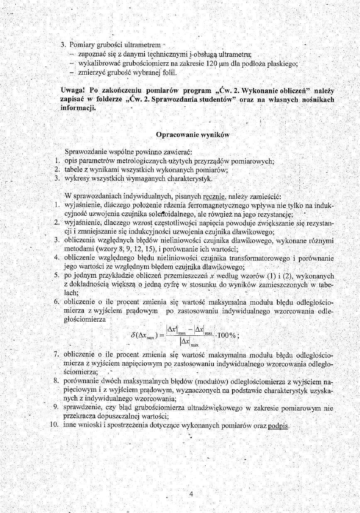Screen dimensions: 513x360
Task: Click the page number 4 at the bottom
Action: pyautogui.click(x=191, y=493)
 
